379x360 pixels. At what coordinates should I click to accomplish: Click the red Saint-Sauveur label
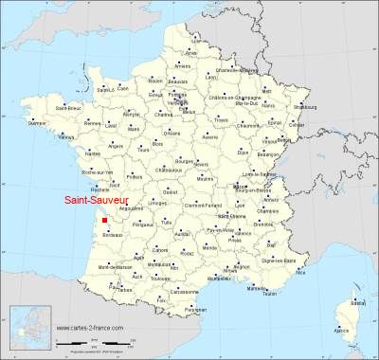(121, 201)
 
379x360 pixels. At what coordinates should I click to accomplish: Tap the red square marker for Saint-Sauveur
(104, 221)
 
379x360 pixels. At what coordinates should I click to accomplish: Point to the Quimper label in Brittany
(37, 121)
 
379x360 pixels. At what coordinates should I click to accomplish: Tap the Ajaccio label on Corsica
(341, 330)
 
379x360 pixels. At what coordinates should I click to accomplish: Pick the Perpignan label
(195, 310)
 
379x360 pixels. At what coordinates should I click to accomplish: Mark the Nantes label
(92, 153)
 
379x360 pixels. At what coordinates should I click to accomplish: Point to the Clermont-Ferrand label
(221, 206)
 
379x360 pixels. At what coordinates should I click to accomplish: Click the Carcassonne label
(193, 293)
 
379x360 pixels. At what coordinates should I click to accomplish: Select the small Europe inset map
(28, 329)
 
